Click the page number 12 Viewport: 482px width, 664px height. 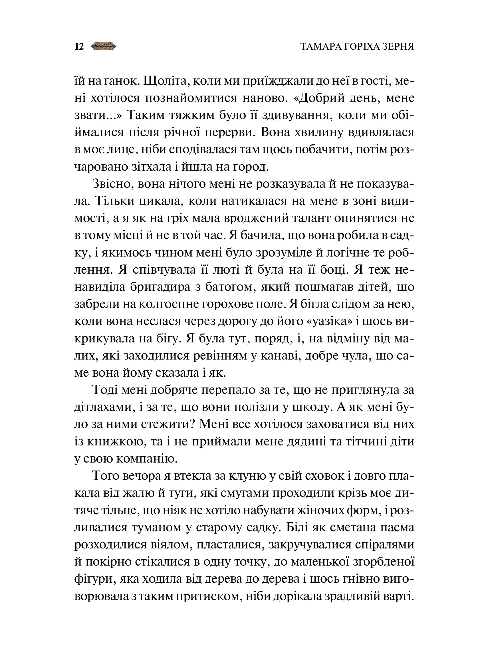[79, 47]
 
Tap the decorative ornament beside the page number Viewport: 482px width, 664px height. [104, 46]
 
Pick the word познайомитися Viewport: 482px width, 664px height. [191, 98]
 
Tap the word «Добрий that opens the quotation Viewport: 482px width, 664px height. [318, 98]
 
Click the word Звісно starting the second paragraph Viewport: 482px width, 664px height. [111, 184]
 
